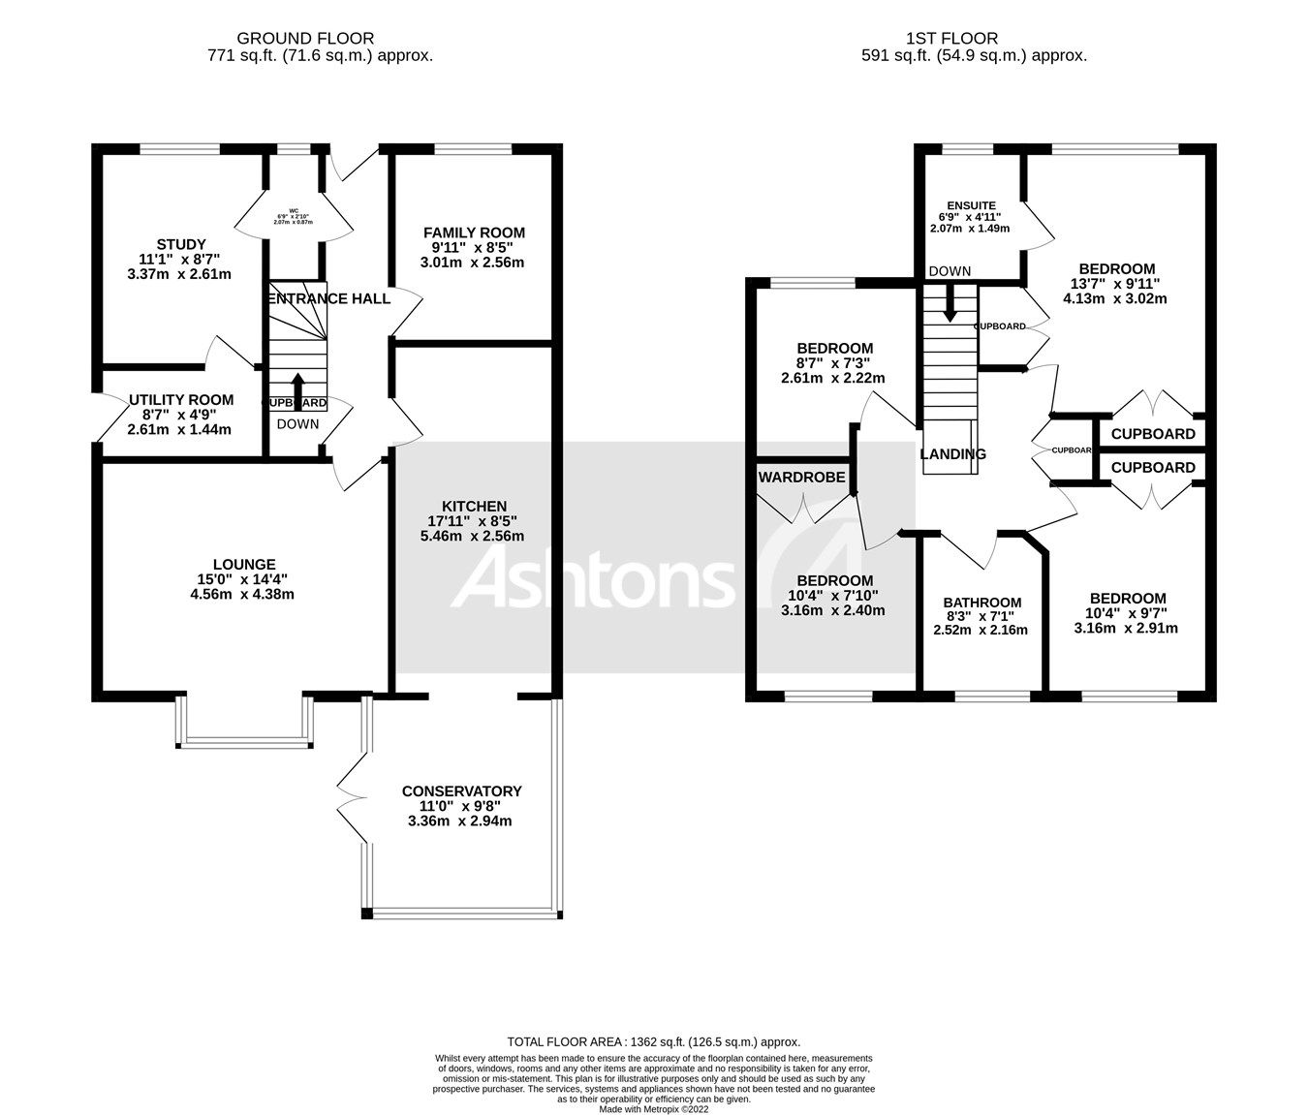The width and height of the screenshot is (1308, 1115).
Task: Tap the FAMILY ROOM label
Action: pos(474,232)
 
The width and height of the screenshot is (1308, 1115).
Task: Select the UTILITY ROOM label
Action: pos(180,399)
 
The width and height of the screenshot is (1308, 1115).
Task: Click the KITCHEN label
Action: pos(474,506)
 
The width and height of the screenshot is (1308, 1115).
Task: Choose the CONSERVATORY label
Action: pos(461,790)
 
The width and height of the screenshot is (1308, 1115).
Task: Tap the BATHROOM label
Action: pos(982,603)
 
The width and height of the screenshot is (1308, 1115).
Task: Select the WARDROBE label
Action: pos(801,477)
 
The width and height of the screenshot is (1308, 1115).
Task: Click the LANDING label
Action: pos(952,453)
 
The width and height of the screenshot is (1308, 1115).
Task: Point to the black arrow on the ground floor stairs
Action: pos(297,385)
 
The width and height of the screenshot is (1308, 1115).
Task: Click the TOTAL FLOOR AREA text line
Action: pos(654,1042)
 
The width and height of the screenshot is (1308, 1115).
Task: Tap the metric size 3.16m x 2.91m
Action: pos(1126,628)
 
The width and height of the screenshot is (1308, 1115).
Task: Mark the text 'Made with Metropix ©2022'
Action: pos(654,1109)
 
